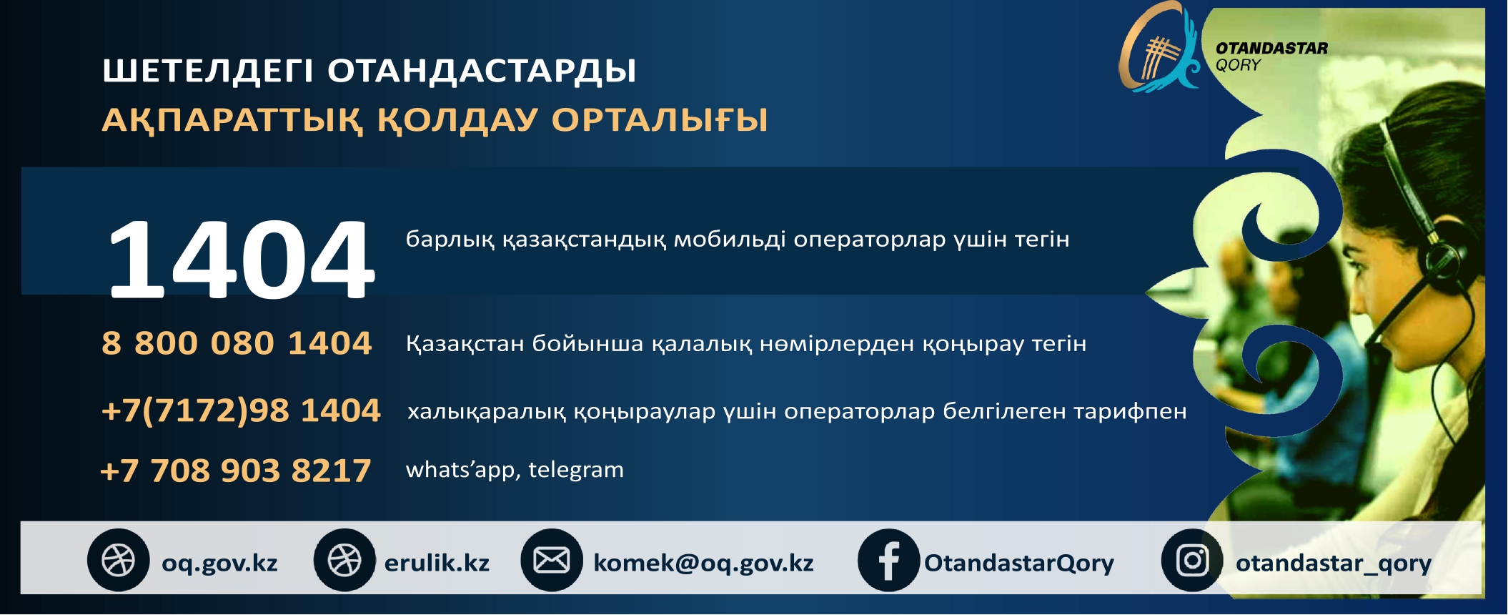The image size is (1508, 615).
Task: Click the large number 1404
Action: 241,259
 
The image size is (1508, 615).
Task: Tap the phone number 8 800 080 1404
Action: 237,343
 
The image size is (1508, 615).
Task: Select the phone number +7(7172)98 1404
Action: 241,410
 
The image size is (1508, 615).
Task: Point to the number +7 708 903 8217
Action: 236,471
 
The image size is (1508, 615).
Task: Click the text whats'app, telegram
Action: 515,470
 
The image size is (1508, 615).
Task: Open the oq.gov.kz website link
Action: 219,564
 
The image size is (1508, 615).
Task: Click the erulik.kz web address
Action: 437,563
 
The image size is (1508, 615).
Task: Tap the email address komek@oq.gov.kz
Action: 703,564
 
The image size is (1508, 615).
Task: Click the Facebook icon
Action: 888,560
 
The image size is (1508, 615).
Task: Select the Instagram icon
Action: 1192,560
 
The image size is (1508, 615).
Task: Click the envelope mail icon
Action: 552,560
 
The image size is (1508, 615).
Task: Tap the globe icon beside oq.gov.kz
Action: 119,560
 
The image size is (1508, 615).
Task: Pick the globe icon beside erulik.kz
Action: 344,560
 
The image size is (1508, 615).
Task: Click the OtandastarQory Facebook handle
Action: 1019,564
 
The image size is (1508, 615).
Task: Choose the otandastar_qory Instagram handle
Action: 1334,564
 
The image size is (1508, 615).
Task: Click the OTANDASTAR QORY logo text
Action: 1271,56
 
